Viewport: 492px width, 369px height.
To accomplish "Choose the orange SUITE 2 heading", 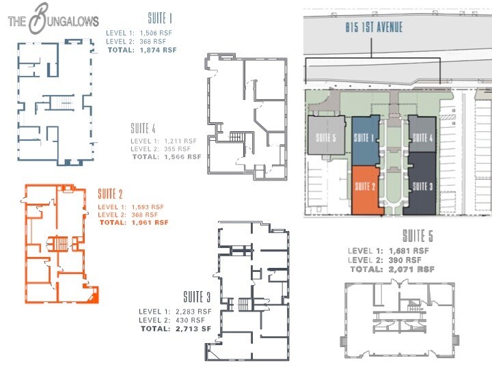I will pyautogui.click(x=110, y=193).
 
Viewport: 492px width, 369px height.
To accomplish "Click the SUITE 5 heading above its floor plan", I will pyautogui.click(x=417, y=237).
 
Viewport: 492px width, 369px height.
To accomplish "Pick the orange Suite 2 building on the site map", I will pyautogui.click(x=366, y=189).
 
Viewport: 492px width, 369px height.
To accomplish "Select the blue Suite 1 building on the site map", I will pyautogui.click(x=366, y=139).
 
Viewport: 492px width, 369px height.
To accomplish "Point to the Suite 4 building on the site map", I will pyautogui.click(x=422, y=135).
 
